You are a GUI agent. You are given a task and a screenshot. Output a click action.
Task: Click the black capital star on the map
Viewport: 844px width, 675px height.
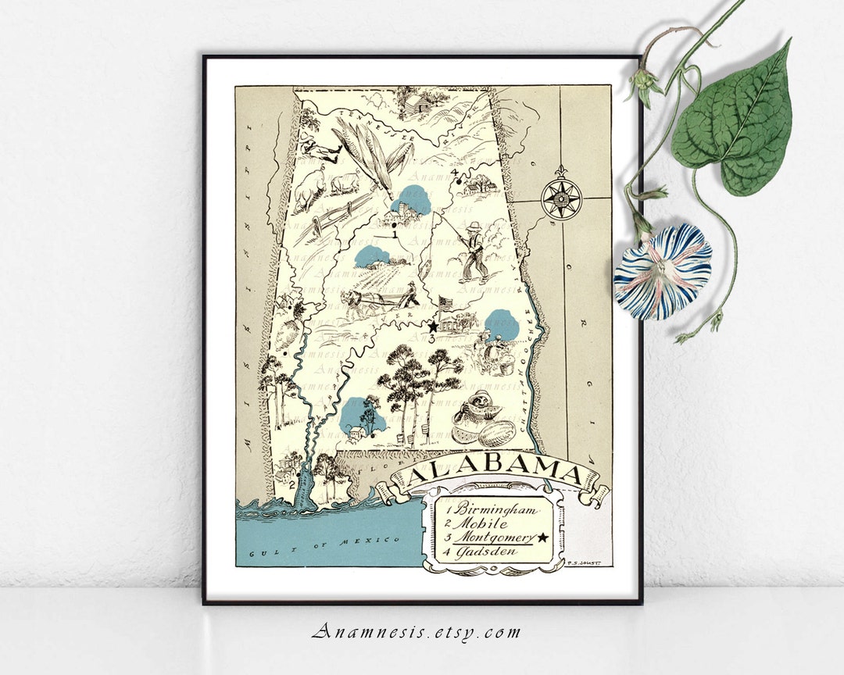tap(431, 327)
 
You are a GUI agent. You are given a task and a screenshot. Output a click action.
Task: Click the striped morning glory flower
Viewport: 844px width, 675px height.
tap(662, 272)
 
